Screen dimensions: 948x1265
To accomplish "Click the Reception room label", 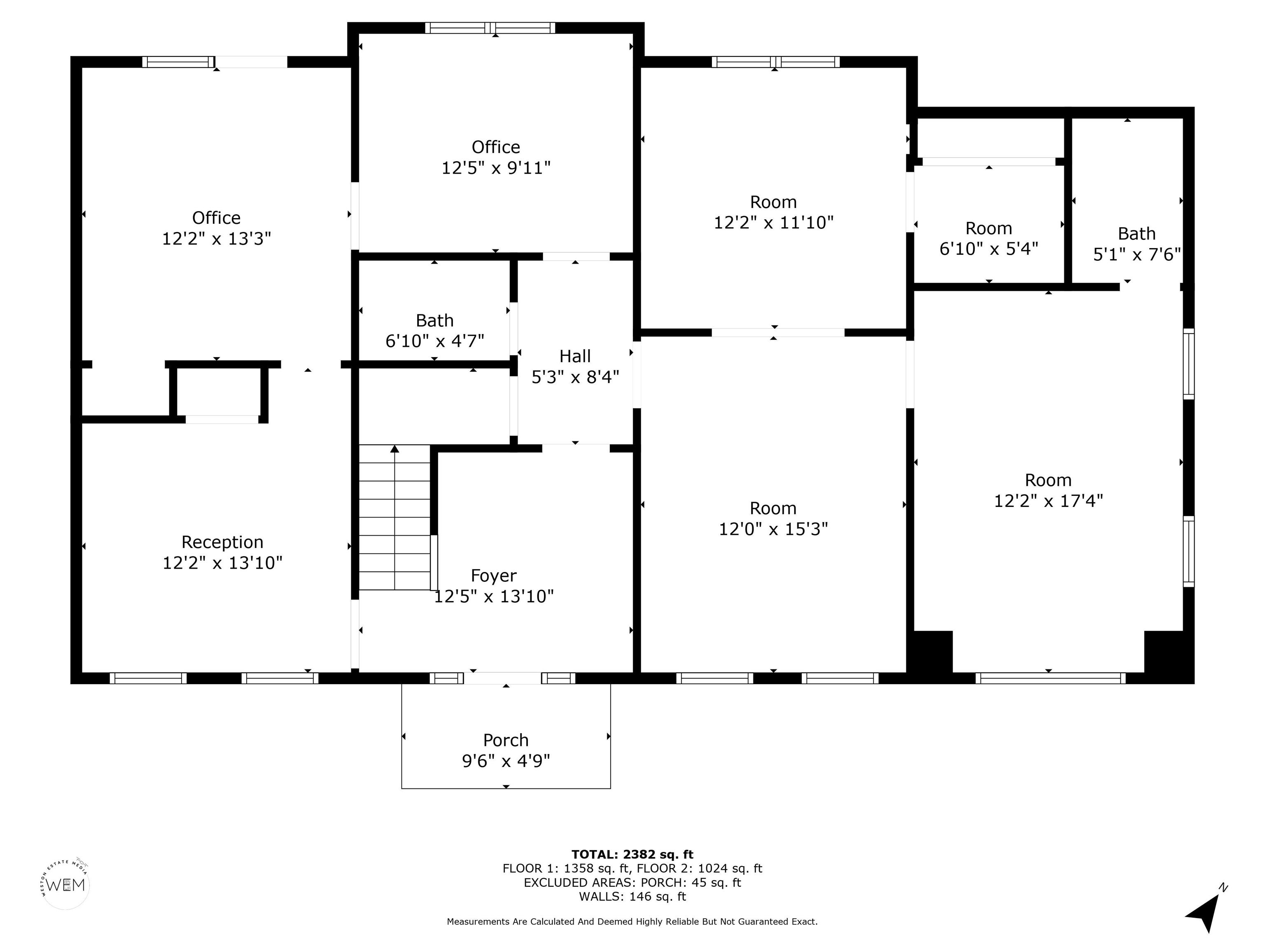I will click(x=222, y=542).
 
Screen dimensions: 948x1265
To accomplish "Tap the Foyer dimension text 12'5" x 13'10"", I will click(x=494, y=597).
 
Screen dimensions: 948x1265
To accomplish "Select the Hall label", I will click(x=575, y=356).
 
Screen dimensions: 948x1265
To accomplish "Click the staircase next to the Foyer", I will click(x=394, y=517).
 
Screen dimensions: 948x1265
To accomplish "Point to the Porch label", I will click(x=506, y=740).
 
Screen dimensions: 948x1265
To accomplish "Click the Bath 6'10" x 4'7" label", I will click(x=434, y=321).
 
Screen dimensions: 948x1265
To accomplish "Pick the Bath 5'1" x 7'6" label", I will click(x=1137, y=234).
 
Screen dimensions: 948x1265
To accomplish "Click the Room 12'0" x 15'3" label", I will click(x=773, y=508).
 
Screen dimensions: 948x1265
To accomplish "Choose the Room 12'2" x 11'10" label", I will click(x=773, y=202).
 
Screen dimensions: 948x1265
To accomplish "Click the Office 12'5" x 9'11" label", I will click(x=496, y=147).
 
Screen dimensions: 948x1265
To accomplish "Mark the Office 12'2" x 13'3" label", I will click(x=216, y=218).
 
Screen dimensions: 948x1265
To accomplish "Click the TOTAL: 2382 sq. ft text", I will click(x=632, y=854).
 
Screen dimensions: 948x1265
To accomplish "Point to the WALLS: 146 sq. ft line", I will click(x=632, y=896).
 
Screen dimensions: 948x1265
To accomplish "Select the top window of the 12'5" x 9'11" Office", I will click(x=490, y=28).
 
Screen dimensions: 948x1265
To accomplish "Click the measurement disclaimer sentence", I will click(x=632, y=922).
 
